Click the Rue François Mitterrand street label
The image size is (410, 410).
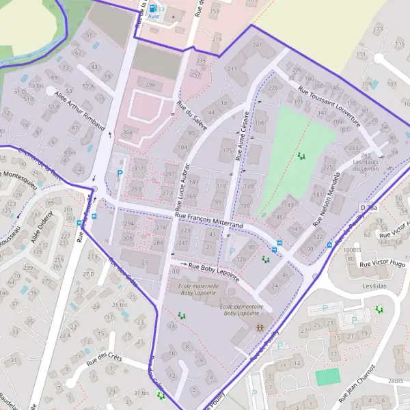pyautogui.click(x=208, y=219)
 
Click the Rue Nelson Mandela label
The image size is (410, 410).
pyautogui.click(x=331, y=204)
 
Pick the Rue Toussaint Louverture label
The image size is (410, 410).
pyautogui.click(x=328, y=107)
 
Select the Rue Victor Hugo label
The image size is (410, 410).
pyautogui.click(x=383, y=263)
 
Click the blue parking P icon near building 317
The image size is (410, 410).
pyautogui.click(x=120, y=174)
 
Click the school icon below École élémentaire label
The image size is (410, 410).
pyautogui.click(x=259, y=328)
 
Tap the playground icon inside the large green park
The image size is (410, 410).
pyautogui.click(x=301, y=156)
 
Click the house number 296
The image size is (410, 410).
pyautogui.click(x=150, y=85)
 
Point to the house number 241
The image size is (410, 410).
pyautogui.click(x=258, y=45)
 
